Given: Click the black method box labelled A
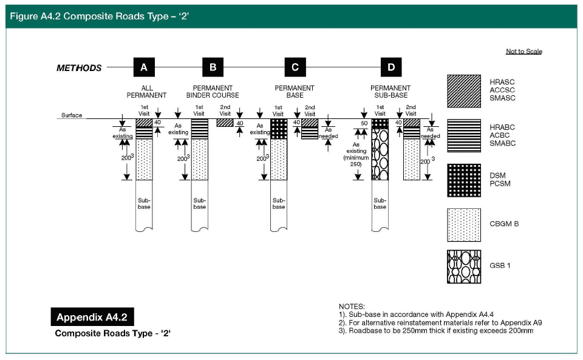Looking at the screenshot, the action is pyautogui.click(x=144, y=67).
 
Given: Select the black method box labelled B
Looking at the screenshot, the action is pyautogui.click(x=213, y=67).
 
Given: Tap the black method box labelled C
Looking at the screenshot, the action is pyautogui.click(x=295, y=67).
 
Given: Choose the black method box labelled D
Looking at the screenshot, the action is pyautogui.click(x=391, y=67).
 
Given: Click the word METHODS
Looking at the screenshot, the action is pyautogui.click(x=79, y=68).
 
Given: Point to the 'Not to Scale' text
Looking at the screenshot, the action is pyautogui.click(x=524, y=51).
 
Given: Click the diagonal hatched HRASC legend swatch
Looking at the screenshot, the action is pyautogui.click(x=463, y=92).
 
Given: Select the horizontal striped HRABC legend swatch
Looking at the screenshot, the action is pyautogui.click(x=463, y=135).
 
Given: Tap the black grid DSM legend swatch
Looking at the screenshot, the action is pyautogui.click(x=463, y=180).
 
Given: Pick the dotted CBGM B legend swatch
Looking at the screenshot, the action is pyautogui.click(x=463, y=225).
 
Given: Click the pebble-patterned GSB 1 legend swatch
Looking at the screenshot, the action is pyautogui.click(x=463, y=267).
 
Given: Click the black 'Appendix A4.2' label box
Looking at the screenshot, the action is pyautogui.click(x=92, y=317).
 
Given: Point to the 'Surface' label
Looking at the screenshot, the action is pyautogui.click(x=72, y=115).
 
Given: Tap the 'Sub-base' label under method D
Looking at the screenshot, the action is pyautogui.click(x=380, y=203).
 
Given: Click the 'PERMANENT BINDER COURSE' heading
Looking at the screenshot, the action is pyautogui.click(x=213, y=92).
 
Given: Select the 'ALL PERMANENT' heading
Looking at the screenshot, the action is pyautogui.click(x=146, y=92).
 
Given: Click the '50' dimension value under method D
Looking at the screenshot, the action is pyautogui.click(x=364, y=123).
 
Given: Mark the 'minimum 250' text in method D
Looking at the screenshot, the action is pyautogui.click(x=356, y=161).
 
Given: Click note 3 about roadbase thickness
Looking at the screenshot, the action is pyautogui.click(x=436, y=331).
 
